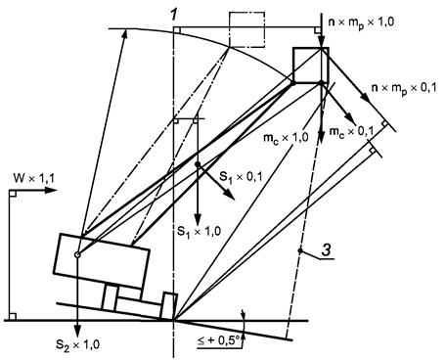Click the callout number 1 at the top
point(174,15)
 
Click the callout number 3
point(327,250)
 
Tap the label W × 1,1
point(34,178)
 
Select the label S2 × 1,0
point(78,344)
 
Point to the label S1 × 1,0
point(199,231)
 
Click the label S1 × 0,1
point(241,176)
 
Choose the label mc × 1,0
point(286,138)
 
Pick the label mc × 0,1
point(351,132)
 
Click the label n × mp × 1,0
point(361,22)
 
